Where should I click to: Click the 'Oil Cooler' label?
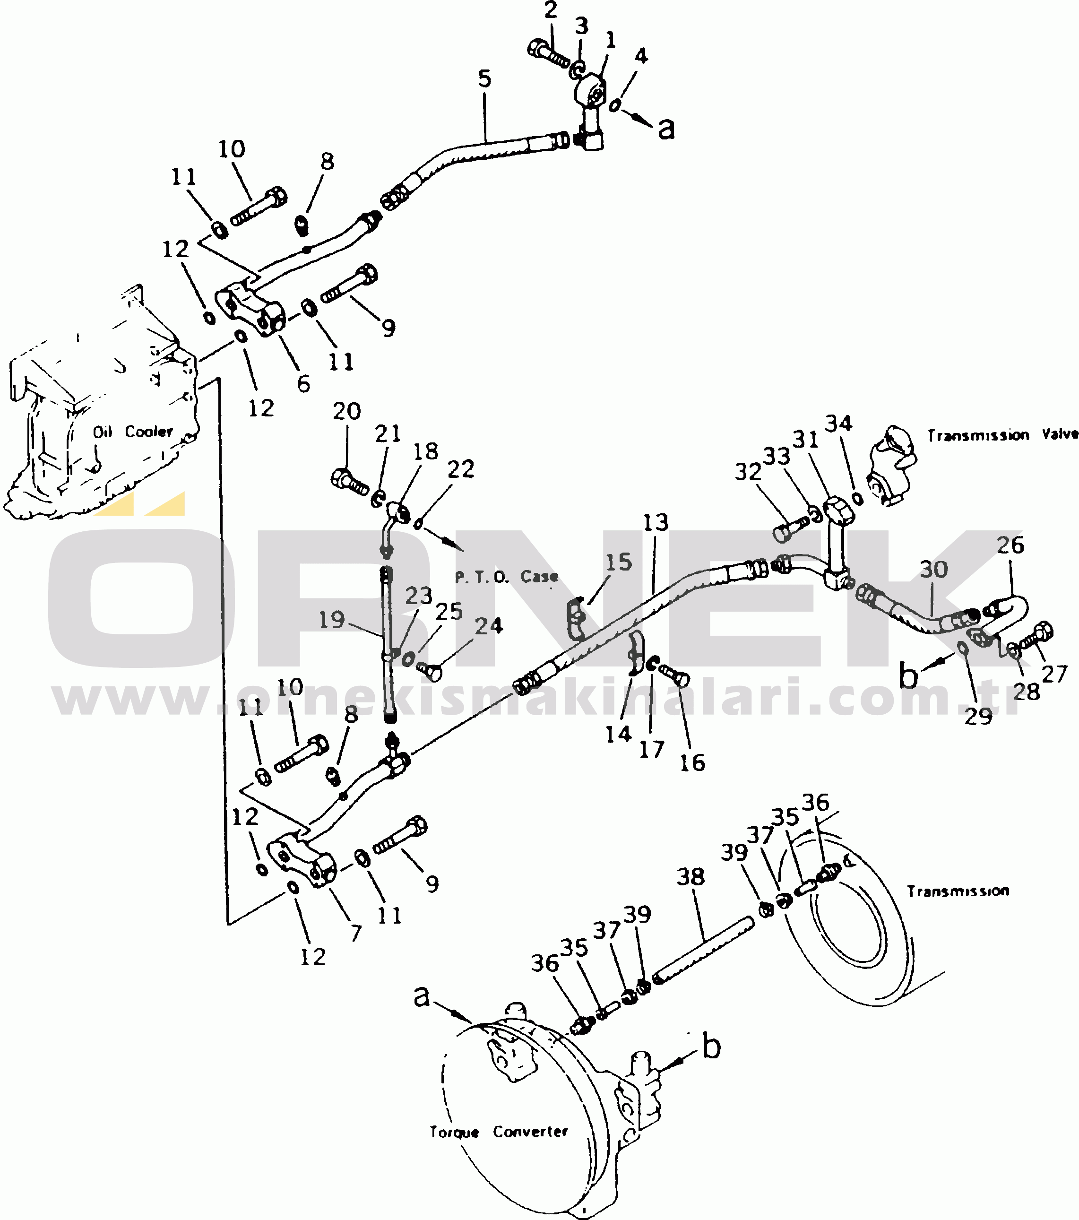(x=132, y=432)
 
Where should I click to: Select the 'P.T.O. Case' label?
(x=507, y=577)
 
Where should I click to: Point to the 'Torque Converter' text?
(x=499, y=1132)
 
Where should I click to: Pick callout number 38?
(x=691, y=876)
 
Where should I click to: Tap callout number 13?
(x=655, y=522)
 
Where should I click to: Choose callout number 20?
(x=347, y=411)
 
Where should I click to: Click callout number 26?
(x=1010, y=545)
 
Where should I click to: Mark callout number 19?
(x=332, y=620)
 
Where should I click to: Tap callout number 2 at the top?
(x=550, y=9)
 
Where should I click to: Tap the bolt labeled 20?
(x=350, y=481)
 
